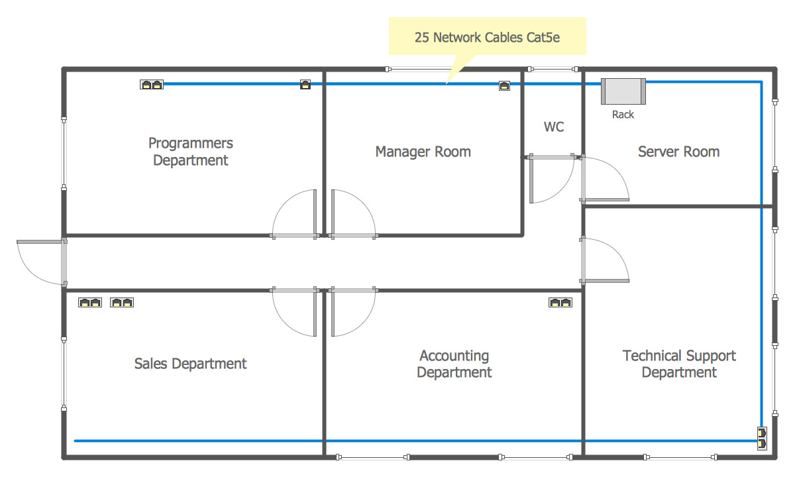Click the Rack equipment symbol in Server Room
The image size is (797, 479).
[x=623, y=91]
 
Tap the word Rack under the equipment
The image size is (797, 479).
[x=623, y=115]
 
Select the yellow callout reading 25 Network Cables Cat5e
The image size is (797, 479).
[x=487, y=38]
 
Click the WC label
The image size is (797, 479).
[x=554, y=127]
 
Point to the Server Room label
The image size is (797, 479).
[x=678, y=152]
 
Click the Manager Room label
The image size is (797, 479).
[x=423, y=152]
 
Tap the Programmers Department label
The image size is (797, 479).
[x=191, y=152]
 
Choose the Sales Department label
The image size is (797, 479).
[x=190, y=364]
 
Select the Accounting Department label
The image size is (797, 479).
[x=454, y=364]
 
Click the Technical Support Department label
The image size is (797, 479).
[x=679, y=364]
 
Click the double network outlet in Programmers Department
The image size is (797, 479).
[x=152, y=85]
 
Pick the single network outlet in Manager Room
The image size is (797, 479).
[x=504, y=85]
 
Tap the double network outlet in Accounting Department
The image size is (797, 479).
[x=560, y=303]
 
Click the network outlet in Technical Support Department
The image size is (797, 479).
[x=761, y=438]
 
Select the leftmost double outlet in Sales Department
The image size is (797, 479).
[x=90, y=303]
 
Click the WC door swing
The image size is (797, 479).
[x=550, y=180]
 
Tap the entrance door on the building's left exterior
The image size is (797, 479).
[x=41, y=262]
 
